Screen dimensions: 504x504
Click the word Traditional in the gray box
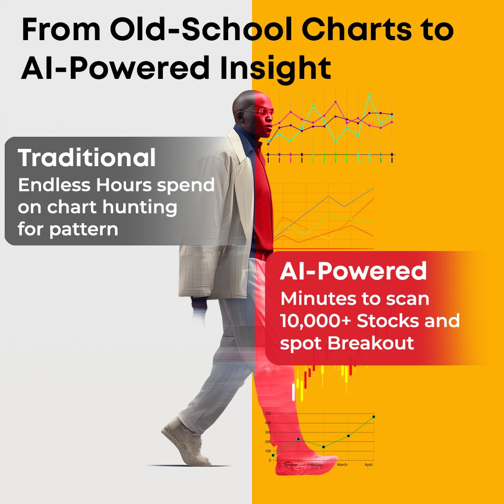(87, 158)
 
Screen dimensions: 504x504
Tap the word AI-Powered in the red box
(353, 272)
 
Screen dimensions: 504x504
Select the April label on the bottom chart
(368, 465)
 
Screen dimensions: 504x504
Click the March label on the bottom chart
(342, 465)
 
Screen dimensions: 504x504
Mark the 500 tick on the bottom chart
(268, 414)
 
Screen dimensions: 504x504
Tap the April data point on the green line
(373, 417)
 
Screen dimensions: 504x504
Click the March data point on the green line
(348, 436)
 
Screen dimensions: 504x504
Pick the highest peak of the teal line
(369, 94)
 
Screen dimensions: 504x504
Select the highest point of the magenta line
(336, 102)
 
